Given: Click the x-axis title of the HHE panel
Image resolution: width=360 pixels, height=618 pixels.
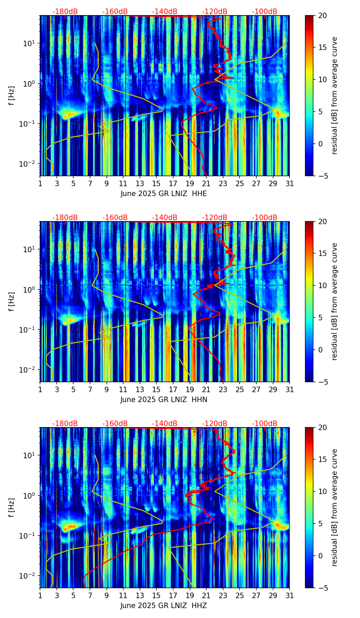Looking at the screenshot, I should coord(164,194).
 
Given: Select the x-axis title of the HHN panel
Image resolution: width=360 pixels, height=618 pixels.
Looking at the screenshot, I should coord(164,400).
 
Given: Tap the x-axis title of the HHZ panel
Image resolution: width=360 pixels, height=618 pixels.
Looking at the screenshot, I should coord(164,606).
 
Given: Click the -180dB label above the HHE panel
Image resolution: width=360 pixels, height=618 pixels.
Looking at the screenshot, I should coord(65,12).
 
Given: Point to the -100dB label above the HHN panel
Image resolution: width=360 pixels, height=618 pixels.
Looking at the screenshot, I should coord(265,218).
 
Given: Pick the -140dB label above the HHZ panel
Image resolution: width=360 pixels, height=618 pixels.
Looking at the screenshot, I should coord(165,424).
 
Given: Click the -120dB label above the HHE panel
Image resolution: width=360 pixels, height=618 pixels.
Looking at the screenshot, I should coord(215,12).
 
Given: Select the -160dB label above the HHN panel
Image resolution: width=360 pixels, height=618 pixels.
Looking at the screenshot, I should coord(115,218).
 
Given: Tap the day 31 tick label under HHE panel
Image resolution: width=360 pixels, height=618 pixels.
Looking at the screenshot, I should coord(290,183).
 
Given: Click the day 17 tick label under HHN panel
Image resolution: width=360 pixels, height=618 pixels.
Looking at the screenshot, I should coord(173,389).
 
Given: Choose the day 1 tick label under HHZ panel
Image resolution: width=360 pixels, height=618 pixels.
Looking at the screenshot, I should coord(40,595).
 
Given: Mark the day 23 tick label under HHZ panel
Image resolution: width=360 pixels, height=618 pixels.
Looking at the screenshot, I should coord(223,595).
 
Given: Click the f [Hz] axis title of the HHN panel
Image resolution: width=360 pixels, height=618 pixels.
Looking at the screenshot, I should coord(12,301).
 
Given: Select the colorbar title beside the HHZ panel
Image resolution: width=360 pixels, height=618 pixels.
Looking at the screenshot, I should coord(335,507).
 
